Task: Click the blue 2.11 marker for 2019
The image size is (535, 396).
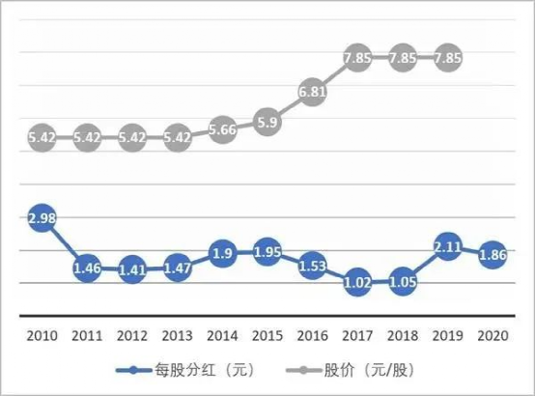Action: (x=447, y=244)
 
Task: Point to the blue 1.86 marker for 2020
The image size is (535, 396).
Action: (x=493, y=255)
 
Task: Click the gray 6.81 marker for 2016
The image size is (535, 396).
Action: (x=311, y=92)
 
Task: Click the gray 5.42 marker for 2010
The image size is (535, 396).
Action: (x=40, y=137)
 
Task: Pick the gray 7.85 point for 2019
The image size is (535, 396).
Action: (x=447, y=57)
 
